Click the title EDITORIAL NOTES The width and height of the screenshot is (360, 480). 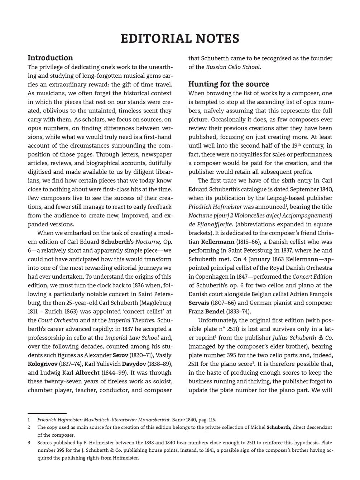click(180, 39)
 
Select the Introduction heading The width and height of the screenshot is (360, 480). click(50, 58)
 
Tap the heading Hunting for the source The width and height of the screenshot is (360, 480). click(229, 84)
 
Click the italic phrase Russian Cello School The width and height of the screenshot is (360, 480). click(233, 67)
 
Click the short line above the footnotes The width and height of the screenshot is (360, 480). click(47, 413)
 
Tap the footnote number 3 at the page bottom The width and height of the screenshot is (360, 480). click(29, 443)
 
